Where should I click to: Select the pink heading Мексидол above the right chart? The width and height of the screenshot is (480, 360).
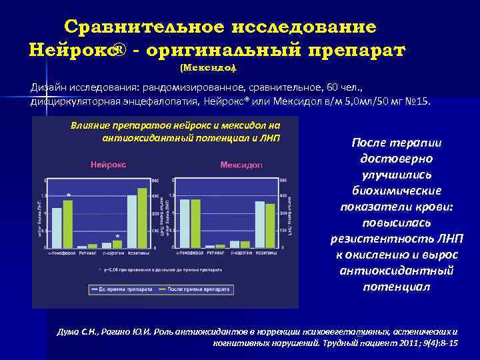[x=241, y=165]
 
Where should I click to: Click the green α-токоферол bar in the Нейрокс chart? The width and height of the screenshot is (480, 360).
[x=67, y=223]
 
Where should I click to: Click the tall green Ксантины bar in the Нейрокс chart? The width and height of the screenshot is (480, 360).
[x=141, y=217]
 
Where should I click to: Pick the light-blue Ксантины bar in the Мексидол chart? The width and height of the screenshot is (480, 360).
[x=259, y=224]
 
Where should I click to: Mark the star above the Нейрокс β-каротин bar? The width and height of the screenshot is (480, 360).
[x=117, y=236]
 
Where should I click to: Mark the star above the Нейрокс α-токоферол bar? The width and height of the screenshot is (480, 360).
[x=69, y=195]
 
